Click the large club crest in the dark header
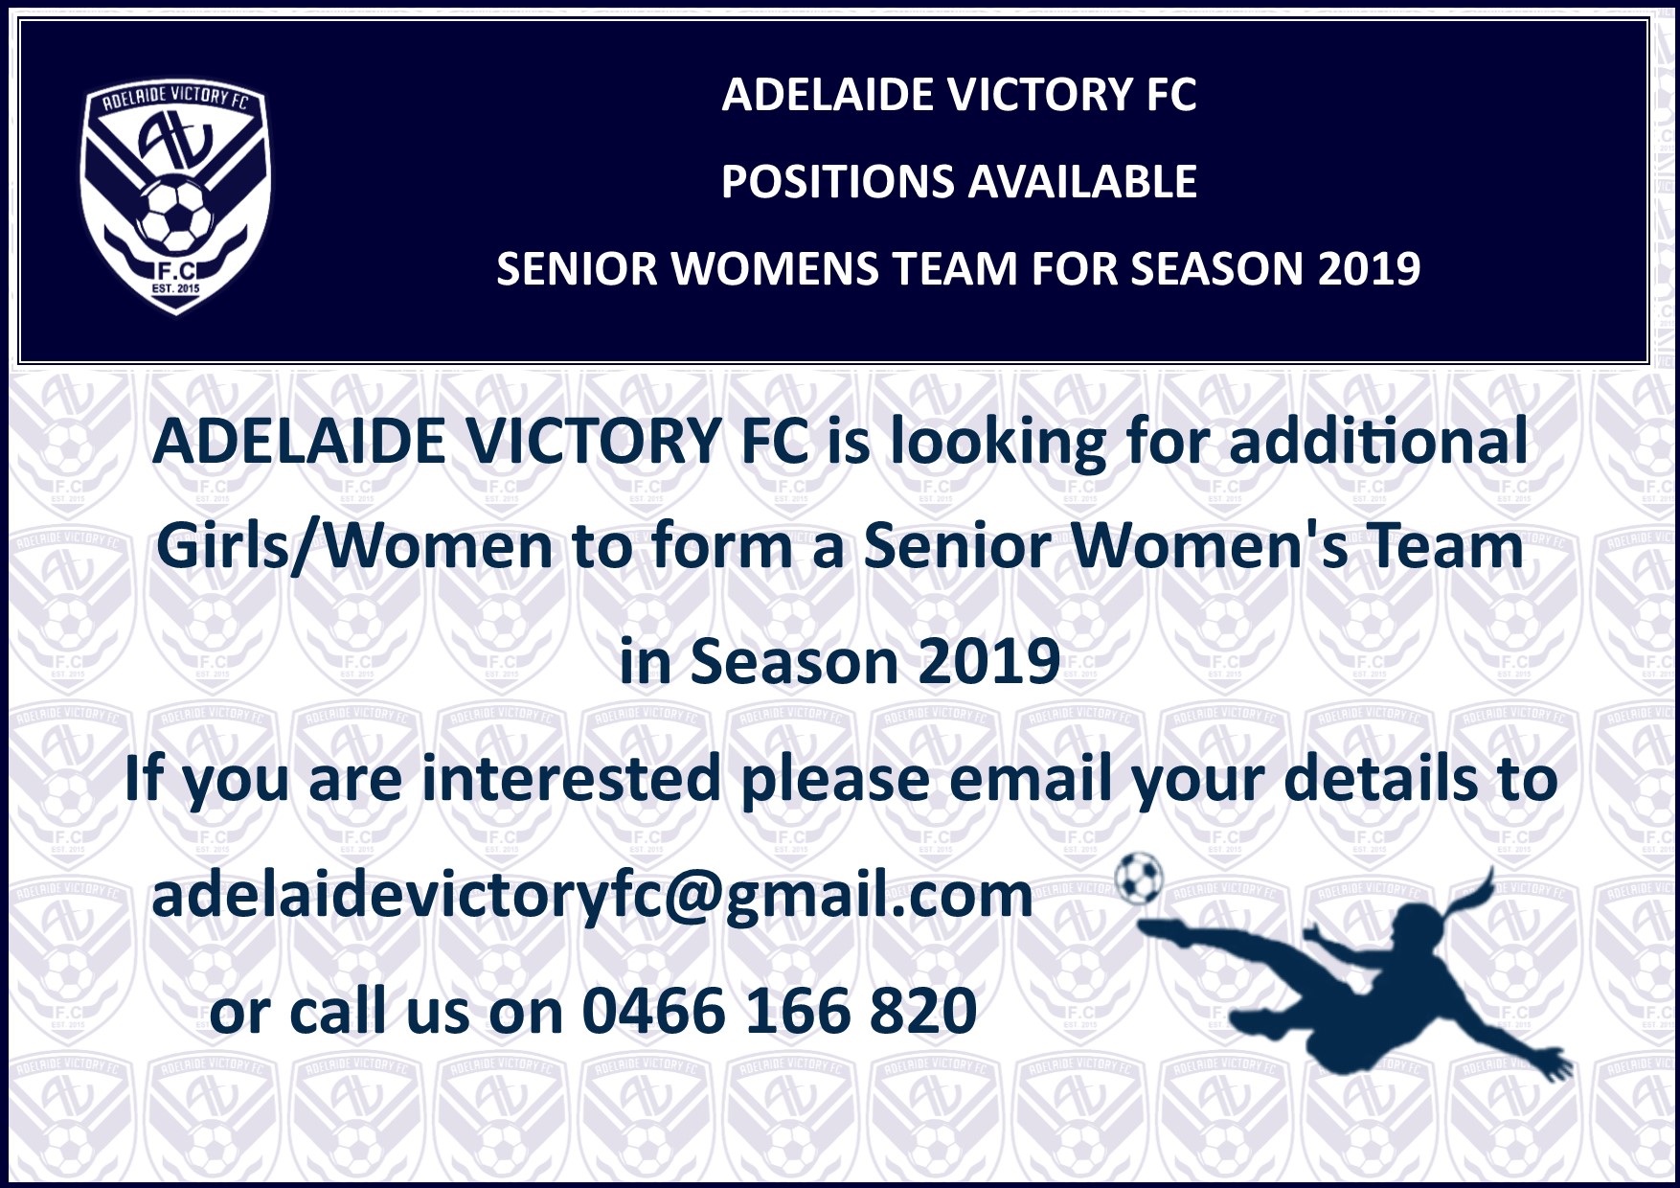(175, 196)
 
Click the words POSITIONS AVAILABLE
(959, 182)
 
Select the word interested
(571, 778)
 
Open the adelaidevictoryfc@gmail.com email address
(592, 896)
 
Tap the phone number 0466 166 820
(780, 1011)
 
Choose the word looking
(997, 444)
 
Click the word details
(1380, 778)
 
